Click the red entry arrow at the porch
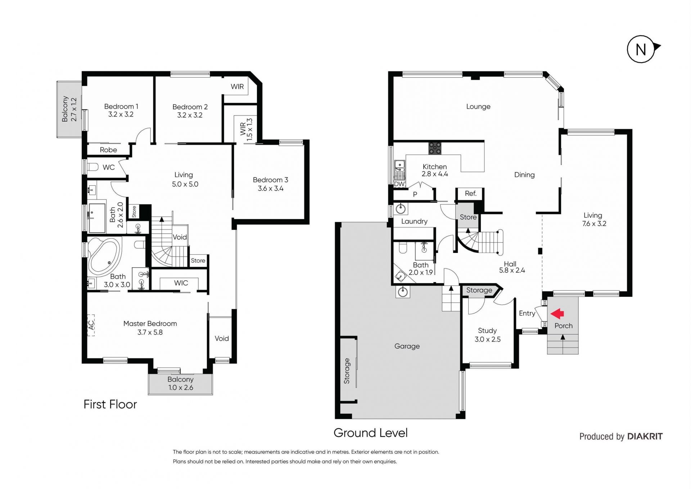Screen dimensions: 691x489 557,314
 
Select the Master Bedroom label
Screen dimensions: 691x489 150,323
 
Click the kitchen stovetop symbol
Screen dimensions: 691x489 435,148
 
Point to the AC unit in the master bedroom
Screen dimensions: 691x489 91,325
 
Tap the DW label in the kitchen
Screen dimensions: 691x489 399,184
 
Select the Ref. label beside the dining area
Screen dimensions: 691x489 470,194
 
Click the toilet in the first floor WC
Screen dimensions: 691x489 93,167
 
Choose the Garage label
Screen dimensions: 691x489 407,346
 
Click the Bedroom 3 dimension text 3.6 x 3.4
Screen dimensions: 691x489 271,189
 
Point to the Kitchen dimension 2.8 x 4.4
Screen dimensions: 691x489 435,174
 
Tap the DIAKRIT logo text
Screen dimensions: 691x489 645,436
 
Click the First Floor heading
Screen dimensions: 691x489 110,404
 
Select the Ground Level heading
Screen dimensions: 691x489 371,433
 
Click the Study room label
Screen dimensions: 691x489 487,331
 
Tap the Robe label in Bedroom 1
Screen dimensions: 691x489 108,150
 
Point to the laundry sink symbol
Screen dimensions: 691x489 401,209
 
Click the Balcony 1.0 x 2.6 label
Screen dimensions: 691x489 180,384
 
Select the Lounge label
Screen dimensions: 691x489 478,107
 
